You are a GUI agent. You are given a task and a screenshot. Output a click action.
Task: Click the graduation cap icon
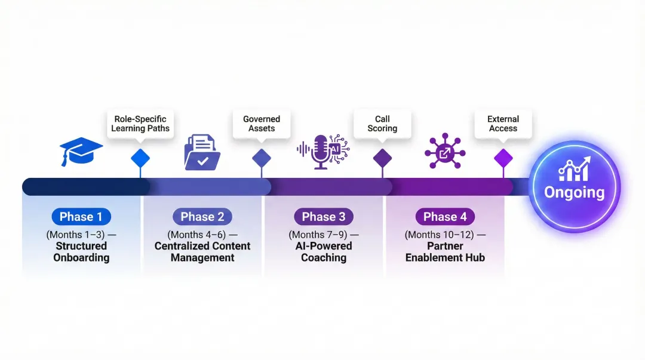(81, 152)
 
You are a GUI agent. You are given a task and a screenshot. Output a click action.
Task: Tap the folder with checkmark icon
(202, 152)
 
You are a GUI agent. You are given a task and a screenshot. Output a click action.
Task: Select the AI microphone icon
(323, 152)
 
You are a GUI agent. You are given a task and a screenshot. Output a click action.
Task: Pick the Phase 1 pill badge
(81, 217)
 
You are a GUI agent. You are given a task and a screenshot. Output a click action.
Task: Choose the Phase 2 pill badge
(202, 217)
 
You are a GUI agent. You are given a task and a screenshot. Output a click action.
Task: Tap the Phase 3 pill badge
(324, 217)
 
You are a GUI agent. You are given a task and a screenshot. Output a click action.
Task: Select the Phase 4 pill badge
(445, 217)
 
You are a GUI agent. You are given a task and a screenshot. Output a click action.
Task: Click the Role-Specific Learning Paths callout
(141, 124)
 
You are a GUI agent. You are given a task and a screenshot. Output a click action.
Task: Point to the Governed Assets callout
(262, 124)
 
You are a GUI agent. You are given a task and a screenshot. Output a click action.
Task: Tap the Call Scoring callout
(382, 124)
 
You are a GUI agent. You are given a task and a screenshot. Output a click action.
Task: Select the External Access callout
(503, 124)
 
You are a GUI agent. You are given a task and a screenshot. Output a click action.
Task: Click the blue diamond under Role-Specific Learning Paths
(140, 158)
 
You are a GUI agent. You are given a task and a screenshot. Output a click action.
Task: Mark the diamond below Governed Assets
(262, 158)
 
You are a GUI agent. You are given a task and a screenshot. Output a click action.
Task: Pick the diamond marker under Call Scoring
(382, 158)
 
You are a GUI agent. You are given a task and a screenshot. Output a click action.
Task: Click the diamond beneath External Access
(503, 158)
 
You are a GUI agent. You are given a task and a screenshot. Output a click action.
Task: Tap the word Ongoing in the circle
(574, 193)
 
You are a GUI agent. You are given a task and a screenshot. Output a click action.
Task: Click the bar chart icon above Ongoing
(574, 170)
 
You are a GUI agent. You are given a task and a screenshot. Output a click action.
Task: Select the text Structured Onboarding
(81, 252)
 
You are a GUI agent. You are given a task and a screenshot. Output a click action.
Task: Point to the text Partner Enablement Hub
(445, 252)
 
